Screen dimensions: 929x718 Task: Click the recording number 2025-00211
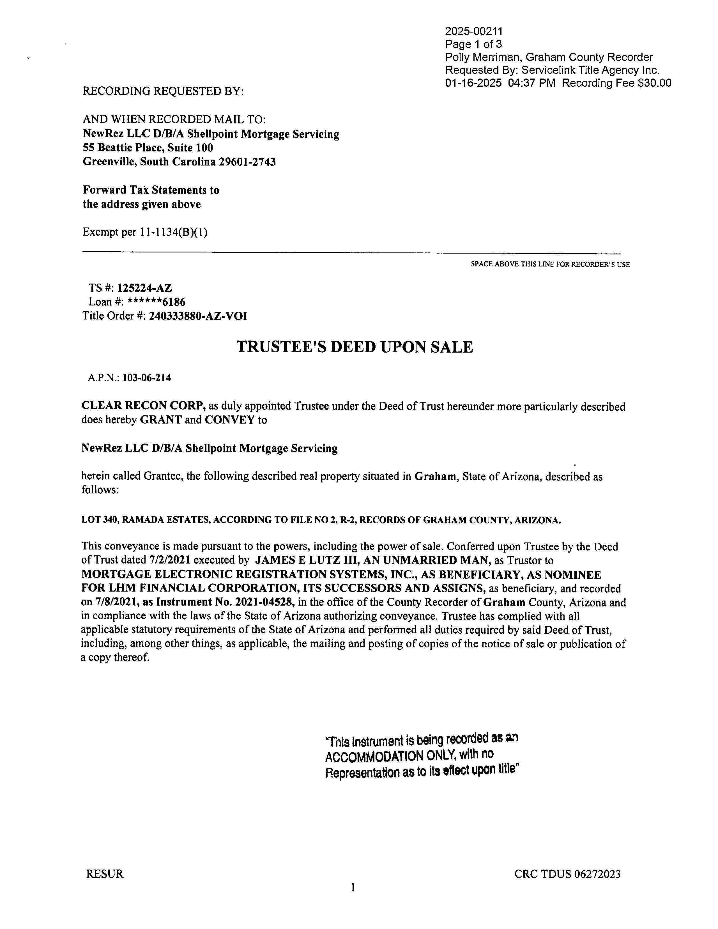[x=473, y=31]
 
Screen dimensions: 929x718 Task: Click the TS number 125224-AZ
[x=145, y=288]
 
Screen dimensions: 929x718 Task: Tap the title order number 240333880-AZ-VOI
[x=198, y=316]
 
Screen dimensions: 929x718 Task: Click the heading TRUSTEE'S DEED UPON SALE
[x=354, y=347]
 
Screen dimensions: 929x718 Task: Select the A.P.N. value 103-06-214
[x=147, y=378]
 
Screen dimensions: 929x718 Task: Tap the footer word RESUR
[x=105, y=874]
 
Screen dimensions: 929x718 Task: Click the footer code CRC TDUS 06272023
[x=567, y=874]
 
